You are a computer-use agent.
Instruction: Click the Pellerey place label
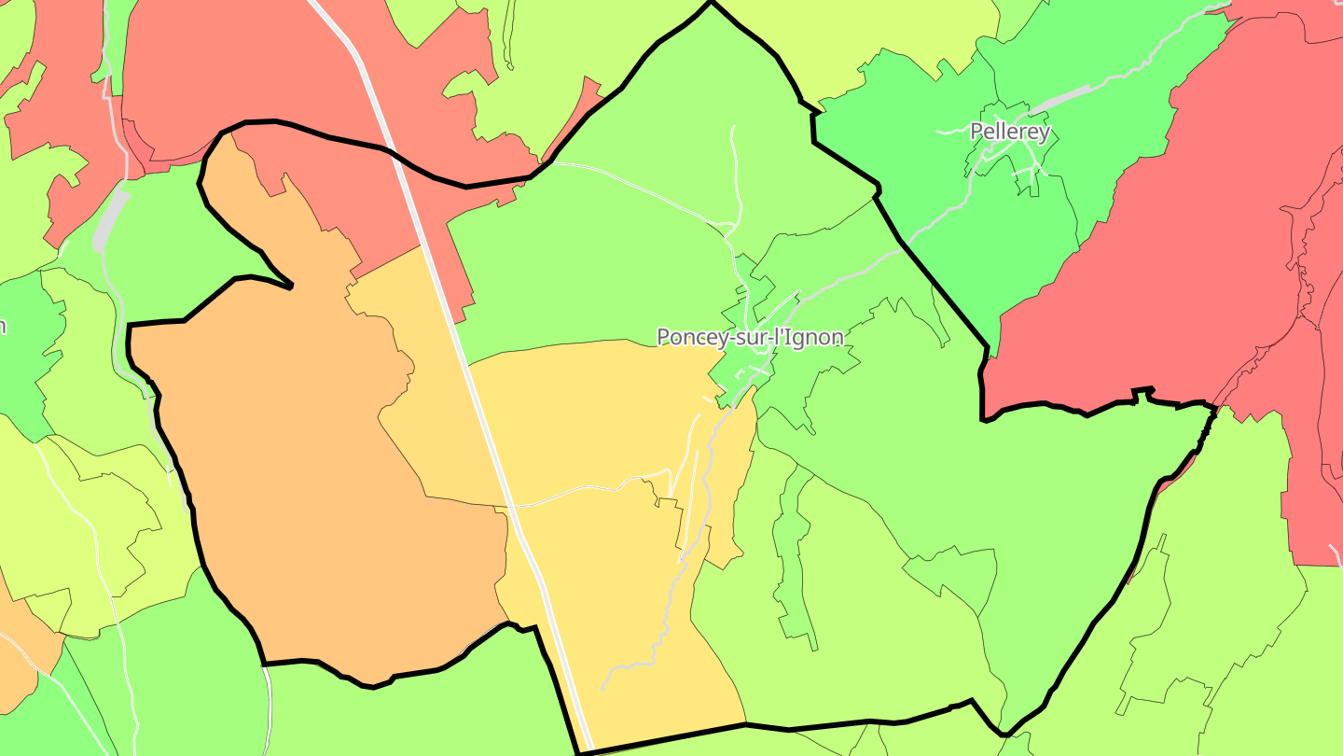pos(1010,132)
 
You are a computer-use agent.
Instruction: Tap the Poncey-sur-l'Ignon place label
pos(750,337)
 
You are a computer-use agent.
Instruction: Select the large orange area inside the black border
pos(308,485)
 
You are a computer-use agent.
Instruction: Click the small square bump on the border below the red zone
pos(1142,392)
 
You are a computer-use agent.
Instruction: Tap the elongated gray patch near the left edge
pos(109,219)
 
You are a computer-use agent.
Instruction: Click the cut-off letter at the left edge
pos(3,326)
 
